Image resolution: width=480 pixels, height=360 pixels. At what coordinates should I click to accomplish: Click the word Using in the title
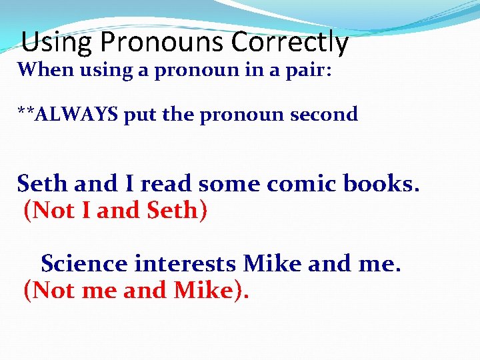pyautogui.click(x=57, y=43)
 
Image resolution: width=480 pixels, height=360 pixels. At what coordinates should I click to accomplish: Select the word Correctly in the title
pyautogui.click(x=290, y=43)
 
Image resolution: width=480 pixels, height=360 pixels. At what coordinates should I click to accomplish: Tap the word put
pyautogui.click(x=140, y=114)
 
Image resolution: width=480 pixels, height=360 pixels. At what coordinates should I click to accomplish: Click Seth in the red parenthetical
pyautogui.click(x=172, y=211)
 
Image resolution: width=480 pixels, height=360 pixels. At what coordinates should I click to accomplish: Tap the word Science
pyautogui.click(x=84, y=263)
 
